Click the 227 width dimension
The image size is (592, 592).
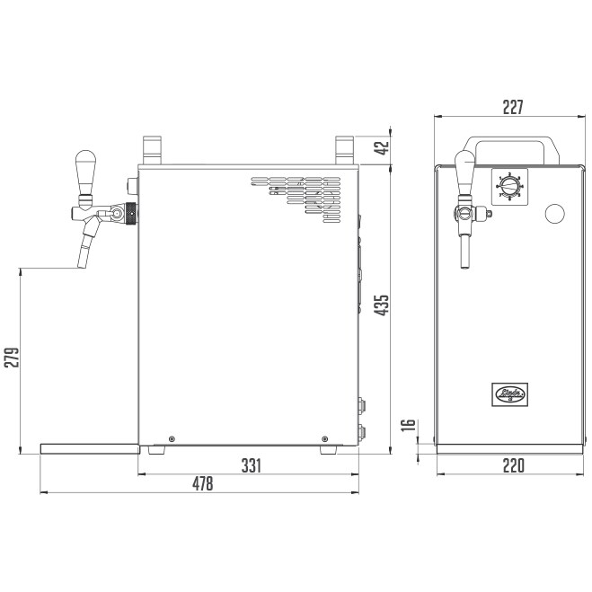point(512,107)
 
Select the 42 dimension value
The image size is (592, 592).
point(382,146)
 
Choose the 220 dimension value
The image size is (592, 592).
point(512,465)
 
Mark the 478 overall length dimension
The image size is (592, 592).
point(203,483)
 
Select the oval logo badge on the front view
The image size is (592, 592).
point(511,392)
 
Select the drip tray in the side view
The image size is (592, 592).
point(90,446)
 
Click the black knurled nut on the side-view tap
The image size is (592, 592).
point(130,214)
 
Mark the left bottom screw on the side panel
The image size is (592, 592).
point(172,437)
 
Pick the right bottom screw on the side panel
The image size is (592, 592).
point(325,437)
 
